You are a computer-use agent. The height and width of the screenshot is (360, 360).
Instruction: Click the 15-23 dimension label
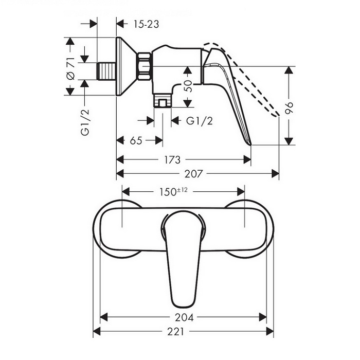point(146,24)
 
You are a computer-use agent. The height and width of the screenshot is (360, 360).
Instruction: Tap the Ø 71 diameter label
point(71,68)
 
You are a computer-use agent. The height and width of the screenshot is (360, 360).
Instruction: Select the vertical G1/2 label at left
point(85,122)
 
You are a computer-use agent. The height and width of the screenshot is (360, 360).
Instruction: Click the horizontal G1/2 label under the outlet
point(200,121)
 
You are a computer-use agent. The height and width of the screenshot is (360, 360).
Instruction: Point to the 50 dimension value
point(188,86)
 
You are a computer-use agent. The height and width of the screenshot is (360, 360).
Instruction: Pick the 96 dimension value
point(289,108)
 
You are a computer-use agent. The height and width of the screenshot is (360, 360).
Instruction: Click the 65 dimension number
point(136,140)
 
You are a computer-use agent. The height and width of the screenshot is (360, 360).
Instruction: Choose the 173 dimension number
point(172,160)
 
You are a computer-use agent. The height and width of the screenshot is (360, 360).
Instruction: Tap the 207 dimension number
point(193,174)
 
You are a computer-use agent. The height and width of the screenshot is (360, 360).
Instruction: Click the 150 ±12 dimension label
point(174,192)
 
